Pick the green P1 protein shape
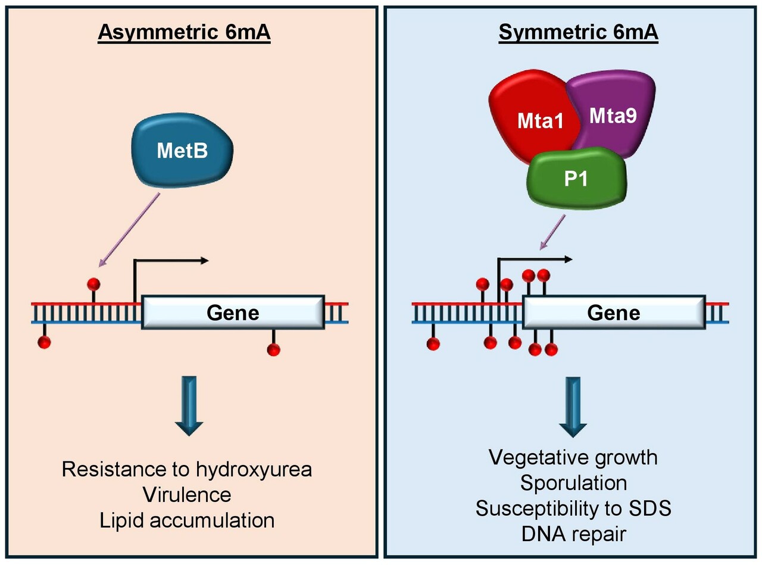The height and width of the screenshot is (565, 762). pos(576,179)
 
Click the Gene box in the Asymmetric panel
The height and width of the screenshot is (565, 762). pos(233,312)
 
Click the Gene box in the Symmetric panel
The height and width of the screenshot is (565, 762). pos(614,313)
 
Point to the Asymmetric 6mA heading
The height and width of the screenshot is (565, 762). pos(184,33)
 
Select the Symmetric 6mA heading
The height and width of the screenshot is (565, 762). pos(578,33)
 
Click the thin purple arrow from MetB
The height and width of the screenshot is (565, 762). pos(129,229)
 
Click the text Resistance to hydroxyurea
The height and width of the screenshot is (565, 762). pos(187,469)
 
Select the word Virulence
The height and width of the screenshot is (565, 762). pos(187,495)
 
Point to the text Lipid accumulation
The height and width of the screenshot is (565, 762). pos(187,520)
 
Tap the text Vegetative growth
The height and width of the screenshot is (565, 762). pos(573,457)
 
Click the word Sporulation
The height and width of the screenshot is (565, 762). pos(573,483)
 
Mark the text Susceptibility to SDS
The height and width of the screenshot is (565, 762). pos(573,508)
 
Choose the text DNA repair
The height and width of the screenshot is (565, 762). pos(573,534)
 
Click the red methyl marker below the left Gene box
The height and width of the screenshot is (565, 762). pos(273,349)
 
